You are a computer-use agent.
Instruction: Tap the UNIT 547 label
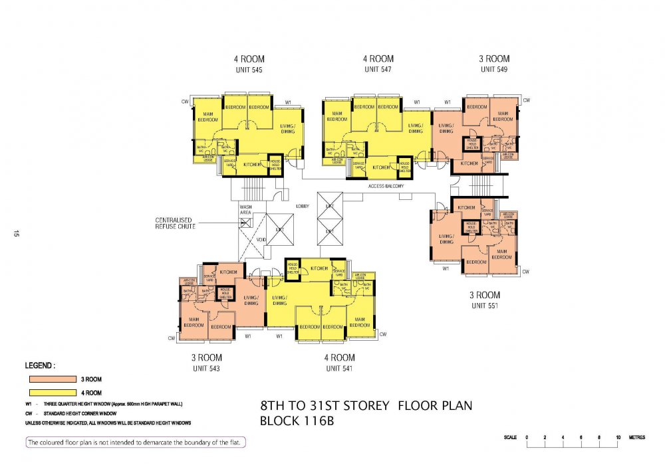click(378, 69)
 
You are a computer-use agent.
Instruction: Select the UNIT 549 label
click(494, 69)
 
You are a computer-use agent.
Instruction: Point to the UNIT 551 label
click(485, 306)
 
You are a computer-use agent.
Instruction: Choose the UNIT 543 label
click(206, 368)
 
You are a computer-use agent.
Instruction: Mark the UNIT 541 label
click(339, 368)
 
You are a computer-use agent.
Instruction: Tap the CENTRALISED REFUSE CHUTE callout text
click(176, 223)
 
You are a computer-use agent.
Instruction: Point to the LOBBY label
click(303, 206)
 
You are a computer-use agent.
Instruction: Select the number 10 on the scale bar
click(618, 438)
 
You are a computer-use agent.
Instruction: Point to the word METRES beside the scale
click(638, 438)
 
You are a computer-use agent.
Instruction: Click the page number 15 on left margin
click(14, 233)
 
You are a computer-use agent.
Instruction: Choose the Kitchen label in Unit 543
click(228, 272)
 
